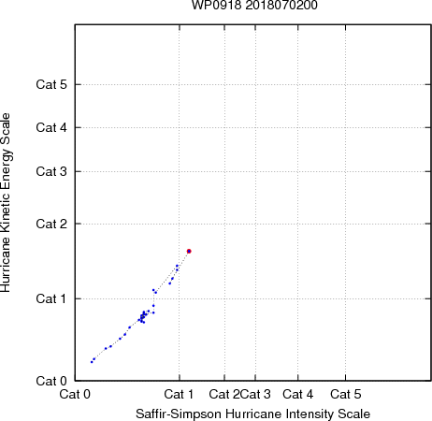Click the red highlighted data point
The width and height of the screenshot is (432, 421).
pyautogui.click(x=189, y=251)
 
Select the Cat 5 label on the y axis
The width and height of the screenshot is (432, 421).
pyautogui.click(x=51, y=84)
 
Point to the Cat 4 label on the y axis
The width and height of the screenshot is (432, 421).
pyautogui.click(x=51, y=127)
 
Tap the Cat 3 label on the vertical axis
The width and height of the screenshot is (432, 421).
pyautogui.click(x=51, y=171)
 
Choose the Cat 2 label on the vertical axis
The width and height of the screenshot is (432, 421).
pyautogui.click(x=51, y=224)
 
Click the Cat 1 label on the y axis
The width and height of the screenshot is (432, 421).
pyautogui.click(x=51, y=298)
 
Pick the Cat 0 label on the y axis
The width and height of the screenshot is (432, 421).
pyautogui.click(x=51, y=381)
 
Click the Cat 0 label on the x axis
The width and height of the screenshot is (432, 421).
pyautogui.click(x=75, y=394)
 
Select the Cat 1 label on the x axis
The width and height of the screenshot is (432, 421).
pyautogui.click(x=179, y=394)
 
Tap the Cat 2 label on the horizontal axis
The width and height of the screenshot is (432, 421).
pyautogui.click(x=224, y=394)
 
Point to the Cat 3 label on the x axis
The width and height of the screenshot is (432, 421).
pyautogui.click(x=255, y=394)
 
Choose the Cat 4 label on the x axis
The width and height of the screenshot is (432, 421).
pyautogui.click(x=298, y=394)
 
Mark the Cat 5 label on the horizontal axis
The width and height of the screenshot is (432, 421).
pyautogui.click(x=346, y=394)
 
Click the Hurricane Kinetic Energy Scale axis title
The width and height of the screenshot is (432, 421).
pyautogui.click(x=6, y=203)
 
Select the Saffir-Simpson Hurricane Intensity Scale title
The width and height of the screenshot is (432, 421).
pyautogui.click(x=253, y=414)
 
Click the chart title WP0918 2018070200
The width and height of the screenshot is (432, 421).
pyautogui.click(x=254, y=5)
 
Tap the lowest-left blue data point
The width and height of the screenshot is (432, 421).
pyautogui.click(x=92, y=362)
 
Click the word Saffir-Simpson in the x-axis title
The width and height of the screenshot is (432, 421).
pyautogui.click(x=179, y=414)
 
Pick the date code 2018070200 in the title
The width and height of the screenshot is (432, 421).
pyautogui.click(x=281, y=5)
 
